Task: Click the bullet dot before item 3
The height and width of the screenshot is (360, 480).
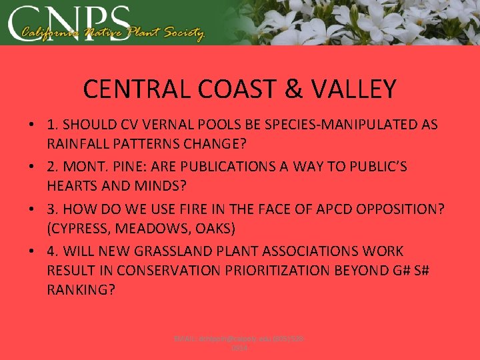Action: pyautogui.click(x=32, y=209)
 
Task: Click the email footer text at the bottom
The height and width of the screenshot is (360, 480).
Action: pyautogui.click(x=239, y=344)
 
